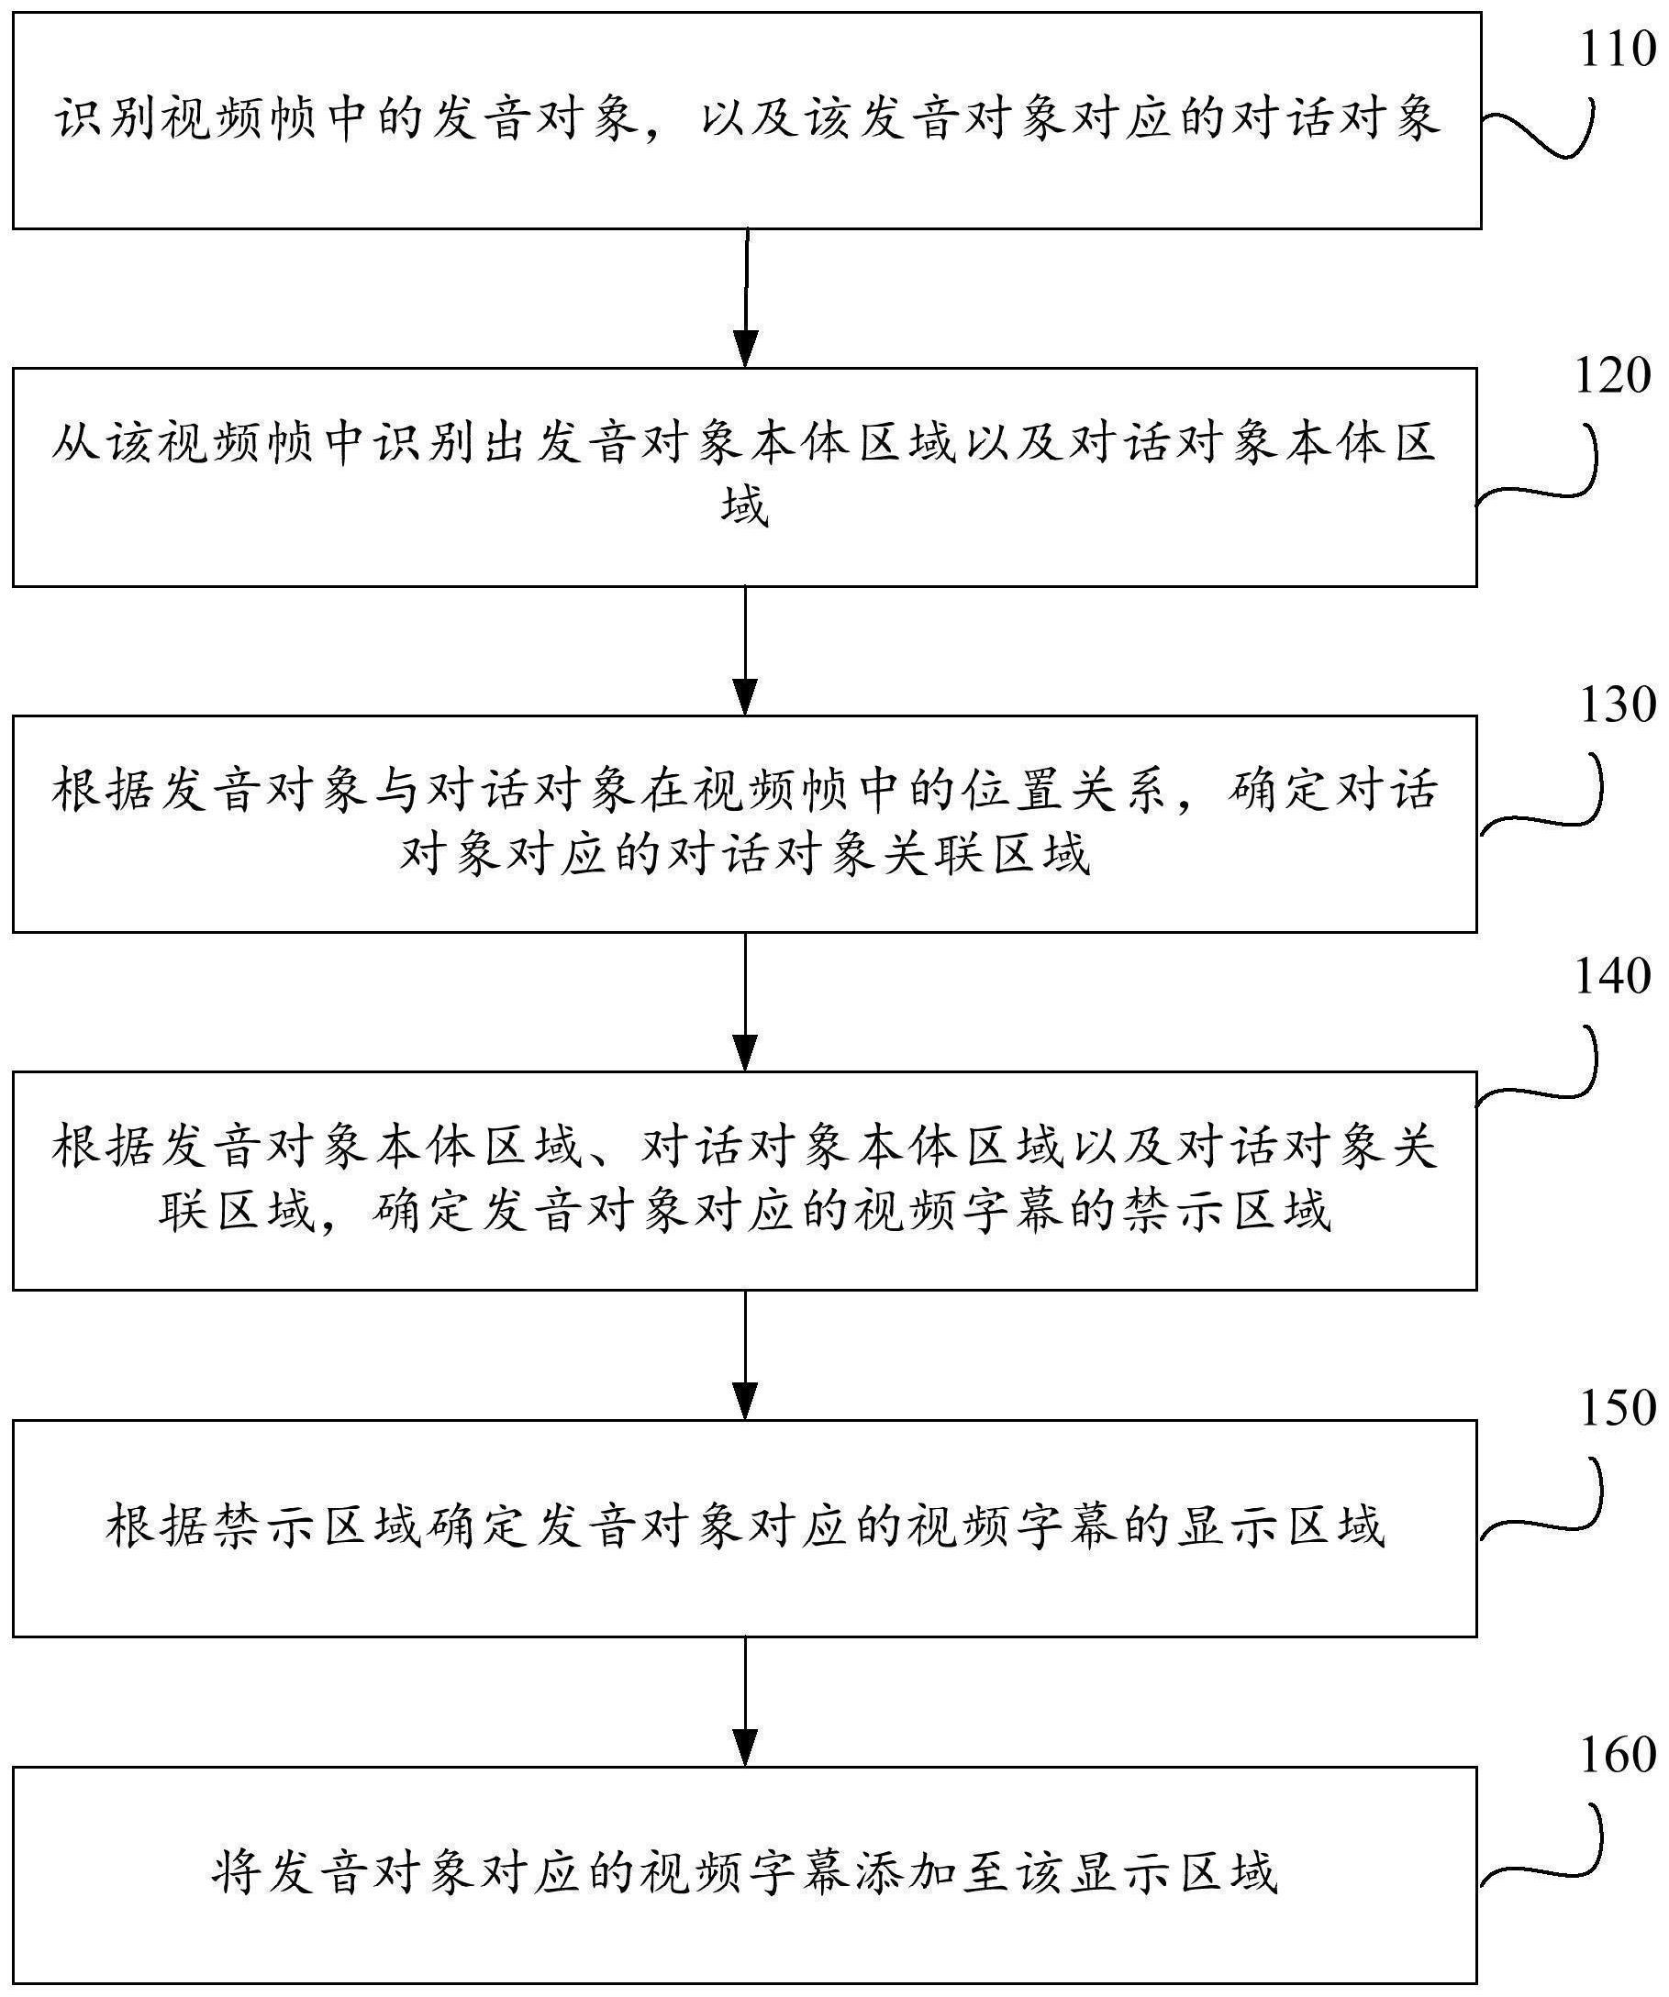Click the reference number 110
coord(1618,49)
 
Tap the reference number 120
coord(1613,377)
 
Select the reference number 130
coord(1618,704)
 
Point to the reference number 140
coord(1613,977)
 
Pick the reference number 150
coord(1618,1408)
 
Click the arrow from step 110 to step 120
coord(747,297)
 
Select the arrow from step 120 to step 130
coord(747,649)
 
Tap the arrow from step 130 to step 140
coord(747,1001)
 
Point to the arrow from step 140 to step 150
coord(747,1353)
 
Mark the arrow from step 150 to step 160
coord(747,1702)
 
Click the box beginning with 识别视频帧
coord(747,121)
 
